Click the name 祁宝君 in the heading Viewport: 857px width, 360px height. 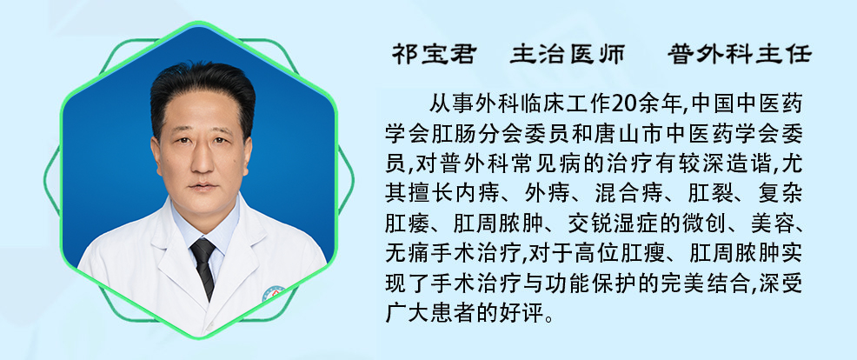434,54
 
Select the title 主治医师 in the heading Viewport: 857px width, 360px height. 568,54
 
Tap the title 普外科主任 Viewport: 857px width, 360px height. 740,54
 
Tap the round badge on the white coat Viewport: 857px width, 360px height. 274,294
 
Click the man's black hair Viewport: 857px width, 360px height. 203,88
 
